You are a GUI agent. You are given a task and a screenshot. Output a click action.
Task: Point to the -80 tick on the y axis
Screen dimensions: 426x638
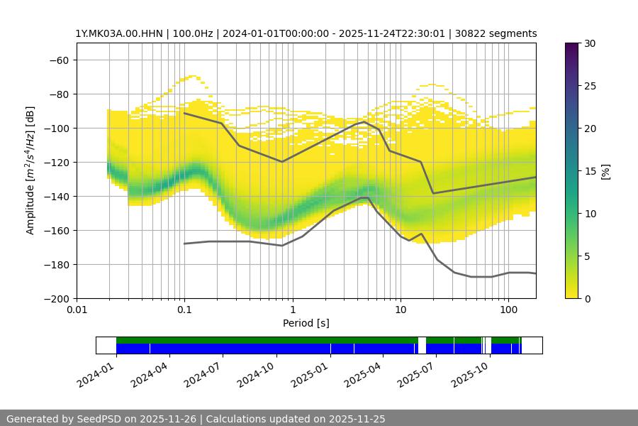[x=58, y=94]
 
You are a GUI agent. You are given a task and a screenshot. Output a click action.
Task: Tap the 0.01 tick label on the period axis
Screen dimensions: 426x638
[x=77, y=310]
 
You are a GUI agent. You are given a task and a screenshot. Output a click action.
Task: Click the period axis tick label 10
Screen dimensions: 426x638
[x=400, y=310]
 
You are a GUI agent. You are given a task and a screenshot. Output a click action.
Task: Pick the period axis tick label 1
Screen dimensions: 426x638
[x=292, y=310]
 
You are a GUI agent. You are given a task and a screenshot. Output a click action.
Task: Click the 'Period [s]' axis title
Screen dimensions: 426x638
[x=306, y=323]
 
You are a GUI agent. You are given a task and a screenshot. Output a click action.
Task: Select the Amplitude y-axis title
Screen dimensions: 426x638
[x=30, y=170]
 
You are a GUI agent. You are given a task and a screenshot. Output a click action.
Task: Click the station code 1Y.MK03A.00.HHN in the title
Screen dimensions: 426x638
[x=118, y=33]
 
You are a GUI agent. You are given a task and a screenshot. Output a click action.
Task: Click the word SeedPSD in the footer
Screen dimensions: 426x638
[x=100, y=419]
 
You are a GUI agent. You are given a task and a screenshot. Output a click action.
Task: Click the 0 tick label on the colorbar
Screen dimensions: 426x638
[x=587, y=298]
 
